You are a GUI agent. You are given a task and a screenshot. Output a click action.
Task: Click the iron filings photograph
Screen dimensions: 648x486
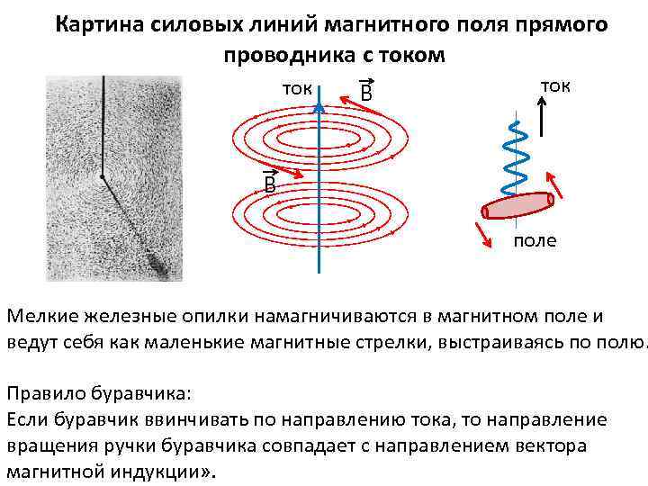(x=114, y=178)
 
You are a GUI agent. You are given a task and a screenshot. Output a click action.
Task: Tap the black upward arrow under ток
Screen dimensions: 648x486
(x=541, y=114)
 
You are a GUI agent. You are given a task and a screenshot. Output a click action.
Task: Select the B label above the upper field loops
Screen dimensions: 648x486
(x=366, y=94)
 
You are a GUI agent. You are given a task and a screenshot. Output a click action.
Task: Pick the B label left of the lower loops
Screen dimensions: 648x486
(x=268, y=185)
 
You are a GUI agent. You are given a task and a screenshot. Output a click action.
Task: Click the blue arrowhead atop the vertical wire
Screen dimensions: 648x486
(x=319, y=106)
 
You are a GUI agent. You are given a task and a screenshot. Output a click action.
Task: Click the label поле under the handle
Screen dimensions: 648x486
(x=535, y=240)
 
